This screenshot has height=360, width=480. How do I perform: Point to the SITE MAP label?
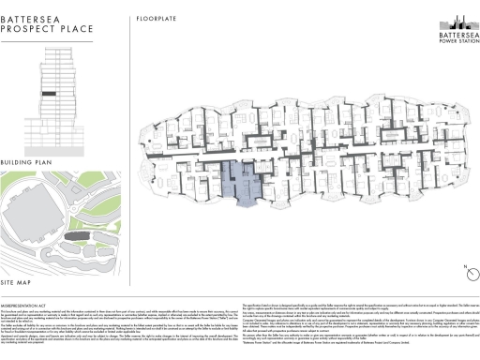(21, 282)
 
